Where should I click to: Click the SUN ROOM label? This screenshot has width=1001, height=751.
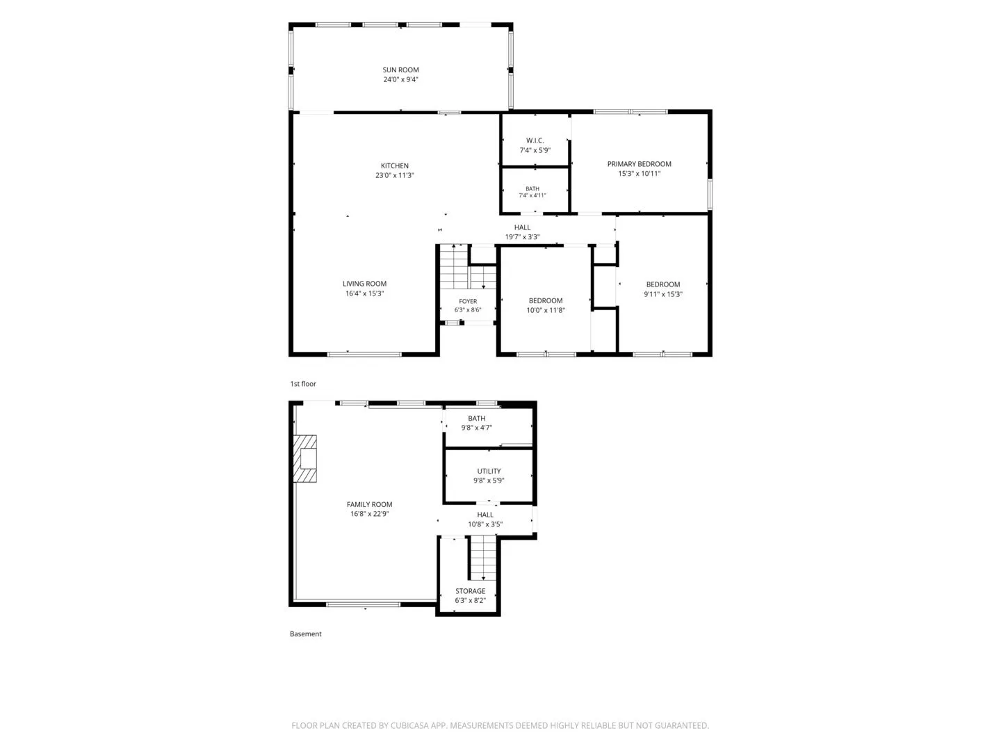(x=400, y=70)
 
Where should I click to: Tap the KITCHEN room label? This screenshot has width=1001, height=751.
(x=394, y=165)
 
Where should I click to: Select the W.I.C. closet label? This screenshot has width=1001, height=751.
(x=535, y=140)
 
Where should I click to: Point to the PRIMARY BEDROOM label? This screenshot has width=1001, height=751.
(x=639, y=163)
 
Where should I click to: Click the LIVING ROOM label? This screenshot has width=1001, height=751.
(x=364, y=284)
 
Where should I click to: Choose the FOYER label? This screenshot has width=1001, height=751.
(x=468, y=301)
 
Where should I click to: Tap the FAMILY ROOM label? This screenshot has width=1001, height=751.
(x=369, y=504)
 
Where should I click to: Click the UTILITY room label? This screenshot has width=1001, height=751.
(x=489, y=471)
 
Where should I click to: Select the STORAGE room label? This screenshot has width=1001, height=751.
(x=470, y=590)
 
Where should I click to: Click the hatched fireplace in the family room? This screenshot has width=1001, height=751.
(x=304, y=458)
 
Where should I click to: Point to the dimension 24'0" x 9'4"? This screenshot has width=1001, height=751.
(x=400, y=79)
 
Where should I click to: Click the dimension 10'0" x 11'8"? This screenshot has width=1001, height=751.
(x=546, y=310)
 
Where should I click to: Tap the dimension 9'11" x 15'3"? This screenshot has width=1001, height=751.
(x=662, y=294)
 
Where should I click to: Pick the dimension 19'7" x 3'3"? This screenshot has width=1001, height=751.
(x=522, y=236)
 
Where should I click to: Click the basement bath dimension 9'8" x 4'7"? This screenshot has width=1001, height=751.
(x=477, y=427)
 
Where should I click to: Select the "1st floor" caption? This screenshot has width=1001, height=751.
(x=303, y=383)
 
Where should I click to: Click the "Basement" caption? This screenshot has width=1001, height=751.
(x=306, y=633)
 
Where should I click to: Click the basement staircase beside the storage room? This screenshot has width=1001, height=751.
(x=483, y=558)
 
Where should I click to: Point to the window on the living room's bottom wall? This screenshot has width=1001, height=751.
(x=364, y=355)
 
